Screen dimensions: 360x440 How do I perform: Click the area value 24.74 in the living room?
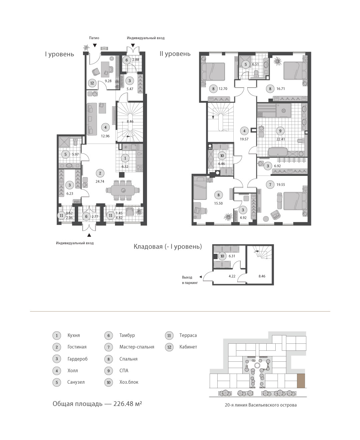click(x=100, y=182)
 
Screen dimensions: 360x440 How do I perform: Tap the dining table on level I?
click(x=123, y=190)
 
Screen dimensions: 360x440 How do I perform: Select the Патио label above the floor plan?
click(x=94, y=38)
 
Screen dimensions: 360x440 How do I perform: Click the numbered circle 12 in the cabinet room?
click(x=92, y=83)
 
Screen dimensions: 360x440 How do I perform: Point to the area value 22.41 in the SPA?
click(x=280, y=139)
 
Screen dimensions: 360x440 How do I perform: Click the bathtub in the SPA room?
click(x=278, y=152)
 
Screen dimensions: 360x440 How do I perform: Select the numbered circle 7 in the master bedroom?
click(x=270, y=185)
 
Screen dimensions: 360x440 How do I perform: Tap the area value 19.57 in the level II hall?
click(x=244, y=139)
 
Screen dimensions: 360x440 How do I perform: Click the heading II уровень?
click(x=175, y=54)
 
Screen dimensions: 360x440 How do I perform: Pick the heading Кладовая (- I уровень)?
click(x=168, y=246)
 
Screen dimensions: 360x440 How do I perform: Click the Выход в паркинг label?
click(x=190, y=280)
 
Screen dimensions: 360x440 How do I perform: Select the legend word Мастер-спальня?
click(x=137, y=347)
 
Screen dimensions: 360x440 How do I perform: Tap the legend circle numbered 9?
click(x=109, y=371)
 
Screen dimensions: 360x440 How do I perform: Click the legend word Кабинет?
click(x=188, y=347)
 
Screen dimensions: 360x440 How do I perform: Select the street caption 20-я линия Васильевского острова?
click(x=261, y=405)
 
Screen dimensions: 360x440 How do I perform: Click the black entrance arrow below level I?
click(x=89, y=235)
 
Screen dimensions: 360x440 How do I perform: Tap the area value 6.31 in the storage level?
click(x=232, y=256)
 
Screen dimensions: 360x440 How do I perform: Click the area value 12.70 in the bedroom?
click(x=223, y=89)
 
